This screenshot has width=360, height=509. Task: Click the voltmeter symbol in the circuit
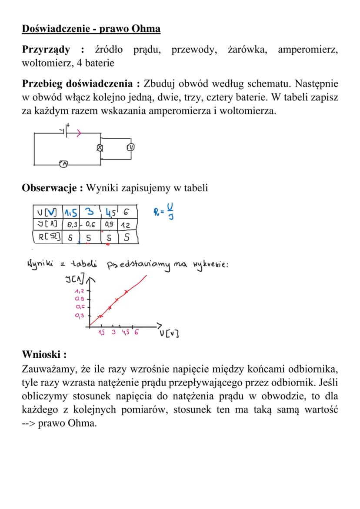click(x=130, y=147)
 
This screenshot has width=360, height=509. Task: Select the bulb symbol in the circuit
click(x=100, y=148)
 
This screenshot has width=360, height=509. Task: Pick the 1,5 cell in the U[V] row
click(x=70, y=213)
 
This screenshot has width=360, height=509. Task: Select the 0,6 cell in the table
click(x=90, y=225)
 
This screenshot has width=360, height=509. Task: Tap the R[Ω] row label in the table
click(x=47, y=237)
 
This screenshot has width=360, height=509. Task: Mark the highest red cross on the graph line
click(x=126, y=291)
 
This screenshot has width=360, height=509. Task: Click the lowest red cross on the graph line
click(x=100, y=316)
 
